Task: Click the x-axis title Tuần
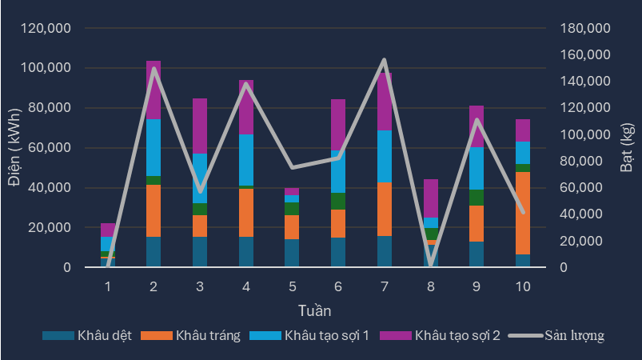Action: (x=314, y=310)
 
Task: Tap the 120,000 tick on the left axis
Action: (x=46, y=29)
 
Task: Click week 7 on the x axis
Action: (x=384, y=286)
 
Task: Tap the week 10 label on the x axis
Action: (x=523, y=286)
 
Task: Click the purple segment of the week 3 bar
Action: (x=199, y=126)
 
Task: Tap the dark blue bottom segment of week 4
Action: (x=246, y=252)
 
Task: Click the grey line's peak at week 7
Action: (x=384, y=60)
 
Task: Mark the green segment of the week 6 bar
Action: (x=338, y=201)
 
